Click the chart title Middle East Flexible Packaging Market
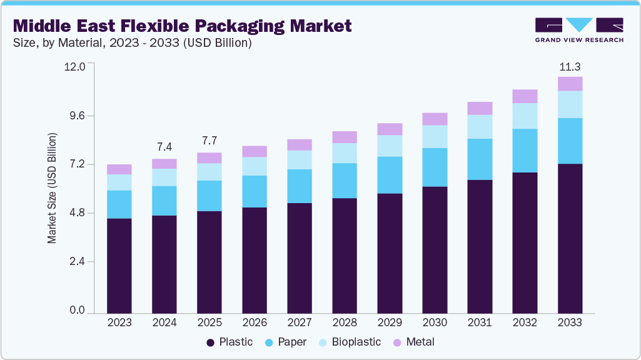click(x=183, y=26)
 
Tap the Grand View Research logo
click(x=579, y=29)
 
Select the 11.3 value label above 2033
click(x=570, y=67)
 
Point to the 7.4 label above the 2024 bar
click(x=164, y=147)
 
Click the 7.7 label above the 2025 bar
click(x=209, y=141)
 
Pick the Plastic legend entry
click(x=230, y=342)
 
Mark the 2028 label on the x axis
click(x=345, y=323)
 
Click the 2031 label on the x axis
click(x=480, y=323)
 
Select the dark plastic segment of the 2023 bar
click(x=119, y=266)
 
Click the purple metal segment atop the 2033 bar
click(x=570, y=84)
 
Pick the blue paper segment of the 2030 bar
click(x=435, y=167)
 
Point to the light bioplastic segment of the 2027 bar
click(x=300, y=160)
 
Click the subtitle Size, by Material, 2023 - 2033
click(x=133, y=43)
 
